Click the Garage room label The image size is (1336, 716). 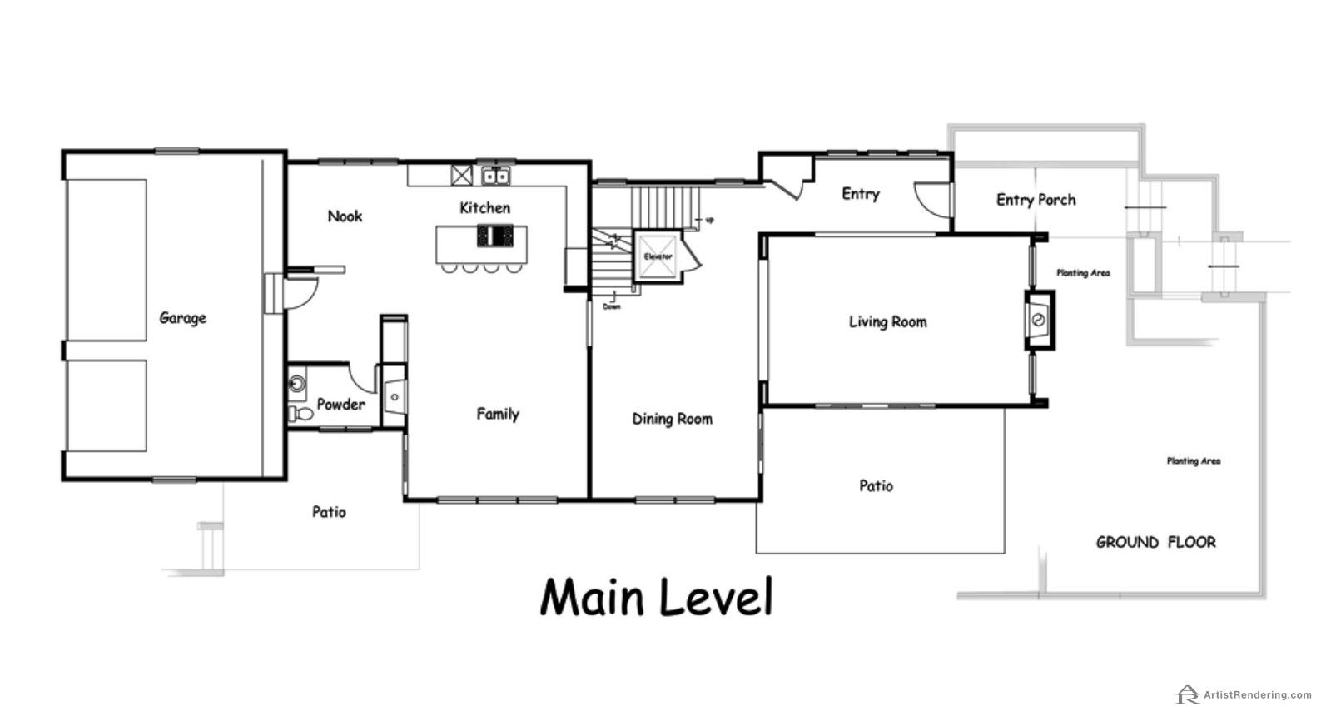tap(182, 318)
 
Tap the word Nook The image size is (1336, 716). tap(345, 216)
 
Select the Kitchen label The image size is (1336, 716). tap(485, 207)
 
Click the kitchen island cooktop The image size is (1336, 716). tap(495, 236)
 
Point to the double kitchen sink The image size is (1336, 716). tap(495, 176)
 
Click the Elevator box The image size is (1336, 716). tap(658, 256)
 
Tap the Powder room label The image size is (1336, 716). tap(340, 405)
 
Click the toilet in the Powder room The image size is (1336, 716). tap(300, 414)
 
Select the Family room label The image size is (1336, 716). tap(498, 414)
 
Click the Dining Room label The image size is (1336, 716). tap(673, 419)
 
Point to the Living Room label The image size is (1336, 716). tap(888, 322)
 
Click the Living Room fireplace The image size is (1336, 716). tap(1040, 320)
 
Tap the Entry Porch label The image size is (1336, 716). tap(1036, 200)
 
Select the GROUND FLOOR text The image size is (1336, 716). tap(1156, 542)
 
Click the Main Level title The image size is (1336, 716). tap(657, 597)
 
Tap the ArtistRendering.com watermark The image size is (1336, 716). tap(1244, 694)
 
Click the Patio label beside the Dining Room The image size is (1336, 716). tap(877, 485)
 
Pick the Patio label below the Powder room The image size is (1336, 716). tap(330, 512)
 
